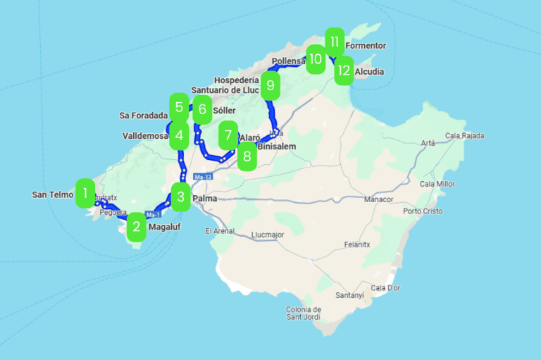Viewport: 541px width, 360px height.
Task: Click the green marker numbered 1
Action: click(x=85, y=192)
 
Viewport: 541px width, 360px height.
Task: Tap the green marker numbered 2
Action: click(x=136, y=227)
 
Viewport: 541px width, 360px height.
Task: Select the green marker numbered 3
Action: click(x=181, y=197)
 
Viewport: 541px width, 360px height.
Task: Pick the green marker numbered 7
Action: click(x=228, y=135)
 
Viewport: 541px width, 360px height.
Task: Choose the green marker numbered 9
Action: click(x=270, y=86)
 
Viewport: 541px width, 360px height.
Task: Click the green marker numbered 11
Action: click(x=335, y=42)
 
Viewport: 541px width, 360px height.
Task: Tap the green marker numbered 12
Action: click(x=343, y=70)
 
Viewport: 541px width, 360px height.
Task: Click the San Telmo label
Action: click(x=52, y=194)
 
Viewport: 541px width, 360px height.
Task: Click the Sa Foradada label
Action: click(x=144, y=116)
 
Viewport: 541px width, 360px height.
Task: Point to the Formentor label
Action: click(x=366, y=46)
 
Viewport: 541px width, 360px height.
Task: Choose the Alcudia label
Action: click(x=370, y=72)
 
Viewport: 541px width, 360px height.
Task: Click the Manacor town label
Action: click(x=378, y=200)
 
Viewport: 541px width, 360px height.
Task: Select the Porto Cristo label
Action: click(x=422, y=211)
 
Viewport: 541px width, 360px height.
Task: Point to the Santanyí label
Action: click(x=350, y=295)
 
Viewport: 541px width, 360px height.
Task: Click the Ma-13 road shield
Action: click(x=203, y=176)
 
